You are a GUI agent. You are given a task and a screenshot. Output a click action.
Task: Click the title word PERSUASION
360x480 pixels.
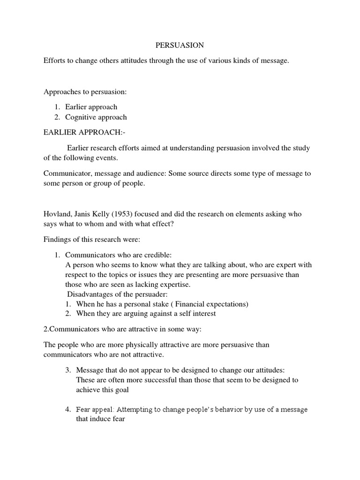180,45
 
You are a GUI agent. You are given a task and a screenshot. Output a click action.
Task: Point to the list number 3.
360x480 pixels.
68,370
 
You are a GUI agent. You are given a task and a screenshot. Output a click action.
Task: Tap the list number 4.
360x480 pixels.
68,409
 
